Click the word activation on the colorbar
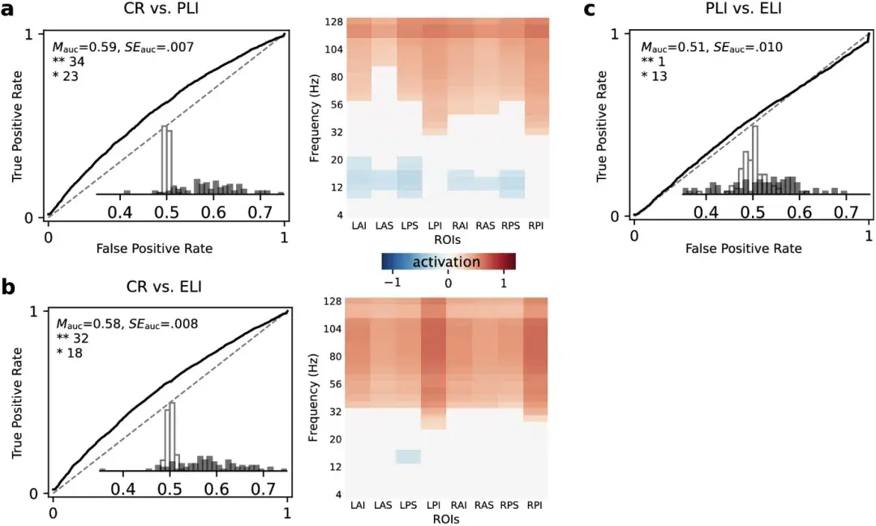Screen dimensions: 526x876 click(x=446, y=262)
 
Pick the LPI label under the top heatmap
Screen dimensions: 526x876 click(x=435, y=229)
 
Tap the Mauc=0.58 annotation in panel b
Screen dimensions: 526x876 click(x=96, y=325)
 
